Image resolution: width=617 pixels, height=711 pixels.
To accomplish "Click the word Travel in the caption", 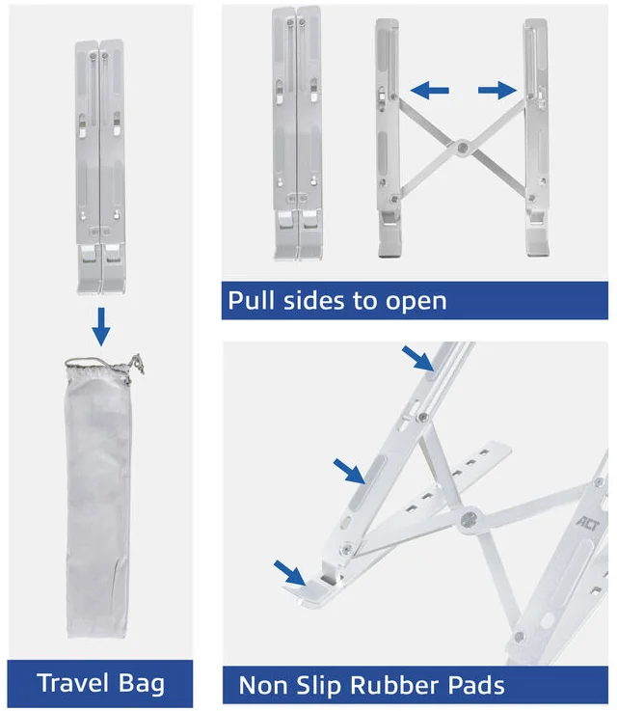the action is pos(73,683).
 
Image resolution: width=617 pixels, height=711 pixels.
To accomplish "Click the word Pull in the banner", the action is pos(251,300).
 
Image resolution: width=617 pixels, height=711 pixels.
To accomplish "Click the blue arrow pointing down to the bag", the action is pos(101,326).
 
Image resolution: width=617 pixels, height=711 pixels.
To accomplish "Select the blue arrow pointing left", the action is pos(429,91).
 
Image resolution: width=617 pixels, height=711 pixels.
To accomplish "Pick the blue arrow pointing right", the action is pos(497,90).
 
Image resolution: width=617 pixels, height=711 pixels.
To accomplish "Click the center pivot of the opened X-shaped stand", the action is pos(462,148).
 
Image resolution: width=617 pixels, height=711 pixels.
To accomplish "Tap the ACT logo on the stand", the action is pos(588,524).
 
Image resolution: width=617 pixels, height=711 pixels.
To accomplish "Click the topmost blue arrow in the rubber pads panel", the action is pos(417,358).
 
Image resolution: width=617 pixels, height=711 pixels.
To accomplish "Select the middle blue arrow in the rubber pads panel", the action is pos(349,471).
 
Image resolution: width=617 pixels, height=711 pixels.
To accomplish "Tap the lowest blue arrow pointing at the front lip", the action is pos(289,573).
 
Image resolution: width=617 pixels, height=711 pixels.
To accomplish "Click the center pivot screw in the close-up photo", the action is pos(469,519).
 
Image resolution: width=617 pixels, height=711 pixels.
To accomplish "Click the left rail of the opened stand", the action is pos(389,138).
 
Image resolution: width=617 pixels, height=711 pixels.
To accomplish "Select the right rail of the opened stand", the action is pos(536,138).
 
